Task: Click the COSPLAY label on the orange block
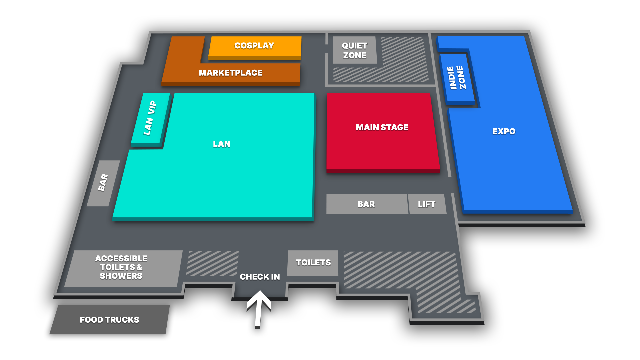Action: click(254, 46)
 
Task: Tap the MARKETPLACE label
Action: click(230, 73)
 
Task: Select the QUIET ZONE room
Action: click(355, 50)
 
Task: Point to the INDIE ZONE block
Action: click(457, 78)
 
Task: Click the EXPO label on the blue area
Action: click(504, 131)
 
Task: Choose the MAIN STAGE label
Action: click(382, 127)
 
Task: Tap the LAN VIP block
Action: click(150, 118)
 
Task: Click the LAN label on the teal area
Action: click(222, 144)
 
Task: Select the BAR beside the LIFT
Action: click(366, 204)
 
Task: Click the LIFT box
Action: click(427, 204)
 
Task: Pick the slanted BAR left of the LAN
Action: click(103, 183)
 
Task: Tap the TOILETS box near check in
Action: click(313, 263)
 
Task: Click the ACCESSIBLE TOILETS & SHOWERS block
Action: click(122, 268)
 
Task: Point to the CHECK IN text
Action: click(260, 277)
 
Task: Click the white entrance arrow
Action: click(259, 307)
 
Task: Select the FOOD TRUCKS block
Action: click(109, 320)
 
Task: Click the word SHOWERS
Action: click(121, 276)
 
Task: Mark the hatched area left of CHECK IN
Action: click(212, 263)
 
